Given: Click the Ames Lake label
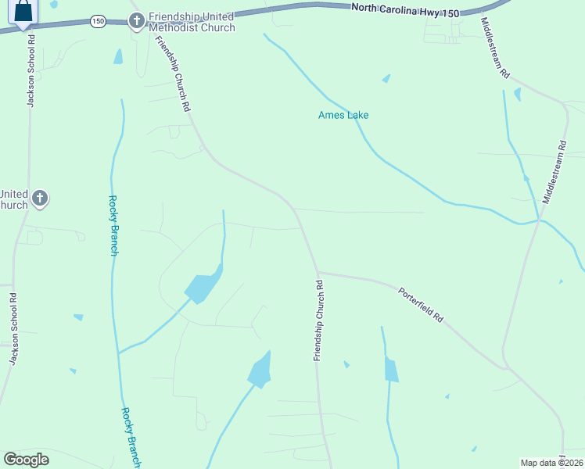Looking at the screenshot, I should click(x=343, y=116).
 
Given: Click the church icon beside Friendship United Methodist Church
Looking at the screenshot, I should click(x=137, y=20).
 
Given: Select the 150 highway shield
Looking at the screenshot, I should click(x=97, y=21).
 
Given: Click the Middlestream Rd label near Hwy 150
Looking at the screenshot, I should click(x=495, y=48).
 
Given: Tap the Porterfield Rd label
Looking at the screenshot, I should click(x=421, y=306).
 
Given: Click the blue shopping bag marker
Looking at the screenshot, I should click(x=23, y=11).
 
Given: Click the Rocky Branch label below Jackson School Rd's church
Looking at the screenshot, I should click(x=113, y=225).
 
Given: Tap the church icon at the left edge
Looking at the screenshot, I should click(x=40, y=199).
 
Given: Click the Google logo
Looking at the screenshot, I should click(x=27, y=460).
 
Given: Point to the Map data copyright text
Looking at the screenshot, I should click(x=552, y=463).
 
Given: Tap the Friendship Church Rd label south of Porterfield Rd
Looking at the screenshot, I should click(x=318, y=320).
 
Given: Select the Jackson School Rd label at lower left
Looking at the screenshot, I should click(x=13, y=328).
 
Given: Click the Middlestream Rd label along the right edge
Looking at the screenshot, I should click(x=553, y=173).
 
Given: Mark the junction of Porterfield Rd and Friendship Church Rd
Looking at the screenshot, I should click(x=318, y=272).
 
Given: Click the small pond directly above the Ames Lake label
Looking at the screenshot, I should click(x=386, y=79).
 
